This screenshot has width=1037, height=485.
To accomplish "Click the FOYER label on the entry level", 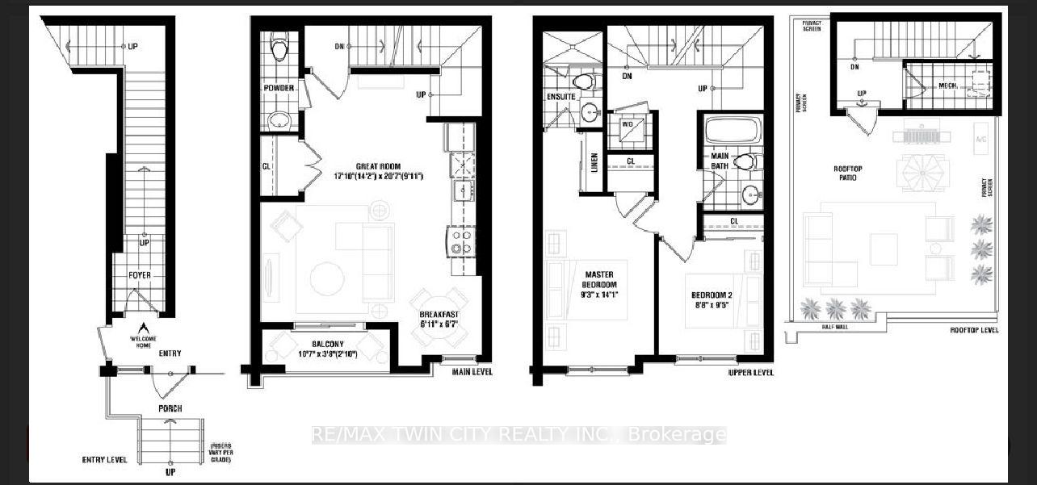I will coord(139,275).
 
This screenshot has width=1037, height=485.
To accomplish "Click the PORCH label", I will coord(170,408).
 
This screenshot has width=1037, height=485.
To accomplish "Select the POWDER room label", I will coord(279,87).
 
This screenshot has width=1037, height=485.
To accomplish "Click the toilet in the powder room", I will coord(279,49).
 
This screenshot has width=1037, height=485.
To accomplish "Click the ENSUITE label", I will coord(561,97).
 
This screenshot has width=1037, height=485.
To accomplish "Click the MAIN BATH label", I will coord(720,161).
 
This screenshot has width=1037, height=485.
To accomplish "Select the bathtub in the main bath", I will coord(732,130).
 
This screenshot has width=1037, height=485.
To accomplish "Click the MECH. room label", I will coord(948,86).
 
